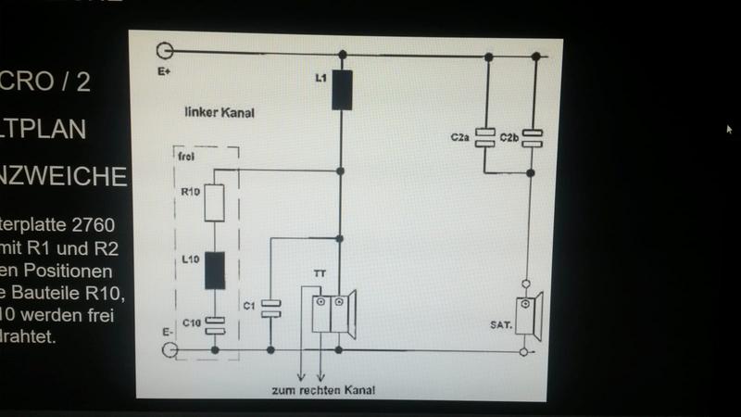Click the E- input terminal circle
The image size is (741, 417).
(169, 349)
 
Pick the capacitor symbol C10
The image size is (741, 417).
(217, 323)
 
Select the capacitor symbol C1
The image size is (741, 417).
(270, 308)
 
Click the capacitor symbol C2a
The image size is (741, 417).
(484, 137)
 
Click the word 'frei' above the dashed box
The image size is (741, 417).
(185, 157)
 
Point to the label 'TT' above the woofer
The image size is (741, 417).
(319, 275)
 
